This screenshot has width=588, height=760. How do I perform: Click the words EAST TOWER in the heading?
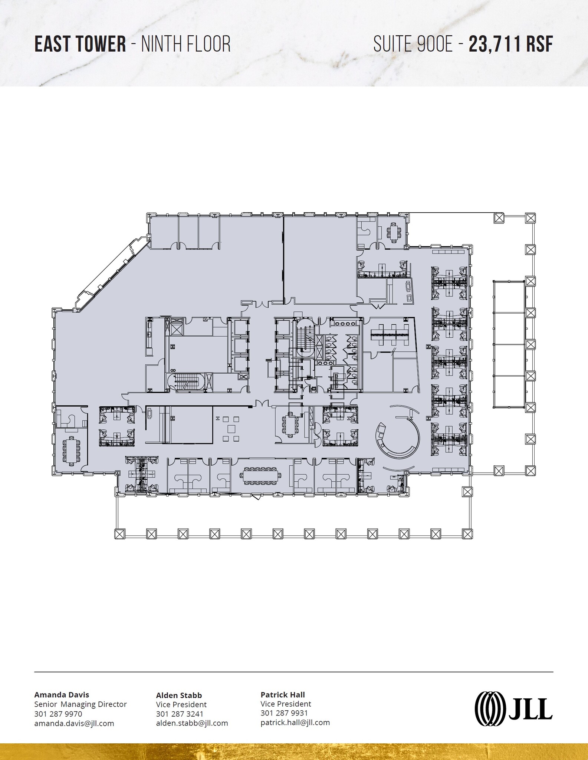tap(80, 44)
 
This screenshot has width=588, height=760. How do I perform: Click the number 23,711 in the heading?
tap(495, 44)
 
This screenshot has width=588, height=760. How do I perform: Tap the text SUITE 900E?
tap(413, 44)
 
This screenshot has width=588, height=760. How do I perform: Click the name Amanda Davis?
tap(62, 694)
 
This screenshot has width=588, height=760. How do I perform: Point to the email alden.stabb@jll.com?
tap(192, 723)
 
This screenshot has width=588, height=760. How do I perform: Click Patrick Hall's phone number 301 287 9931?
tap(284, 713)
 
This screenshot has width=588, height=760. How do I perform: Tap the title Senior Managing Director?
tap(81, 704)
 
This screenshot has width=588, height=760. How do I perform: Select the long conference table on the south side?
tap(262, 477)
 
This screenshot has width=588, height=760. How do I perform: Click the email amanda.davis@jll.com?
tap(74, 723)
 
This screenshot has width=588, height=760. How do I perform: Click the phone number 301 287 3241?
tap(180, 714)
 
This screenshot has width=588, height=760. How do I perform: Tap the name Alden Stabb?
tap(179, 695)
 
